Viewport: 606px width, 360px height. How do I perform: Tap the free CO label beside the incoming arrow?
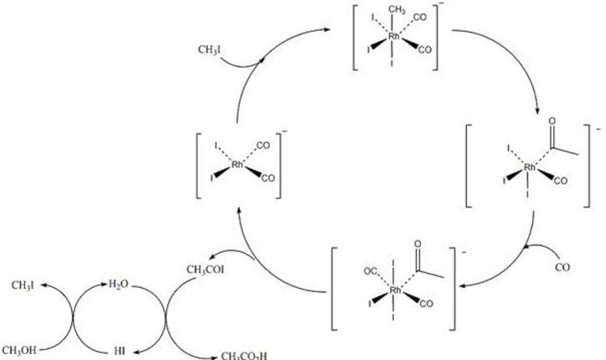pyautogui.click(x=567, y=268)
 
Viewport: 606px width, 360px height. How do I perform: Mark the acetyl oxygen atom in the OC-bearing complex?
pyautogui.click(x=418, y=246)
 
